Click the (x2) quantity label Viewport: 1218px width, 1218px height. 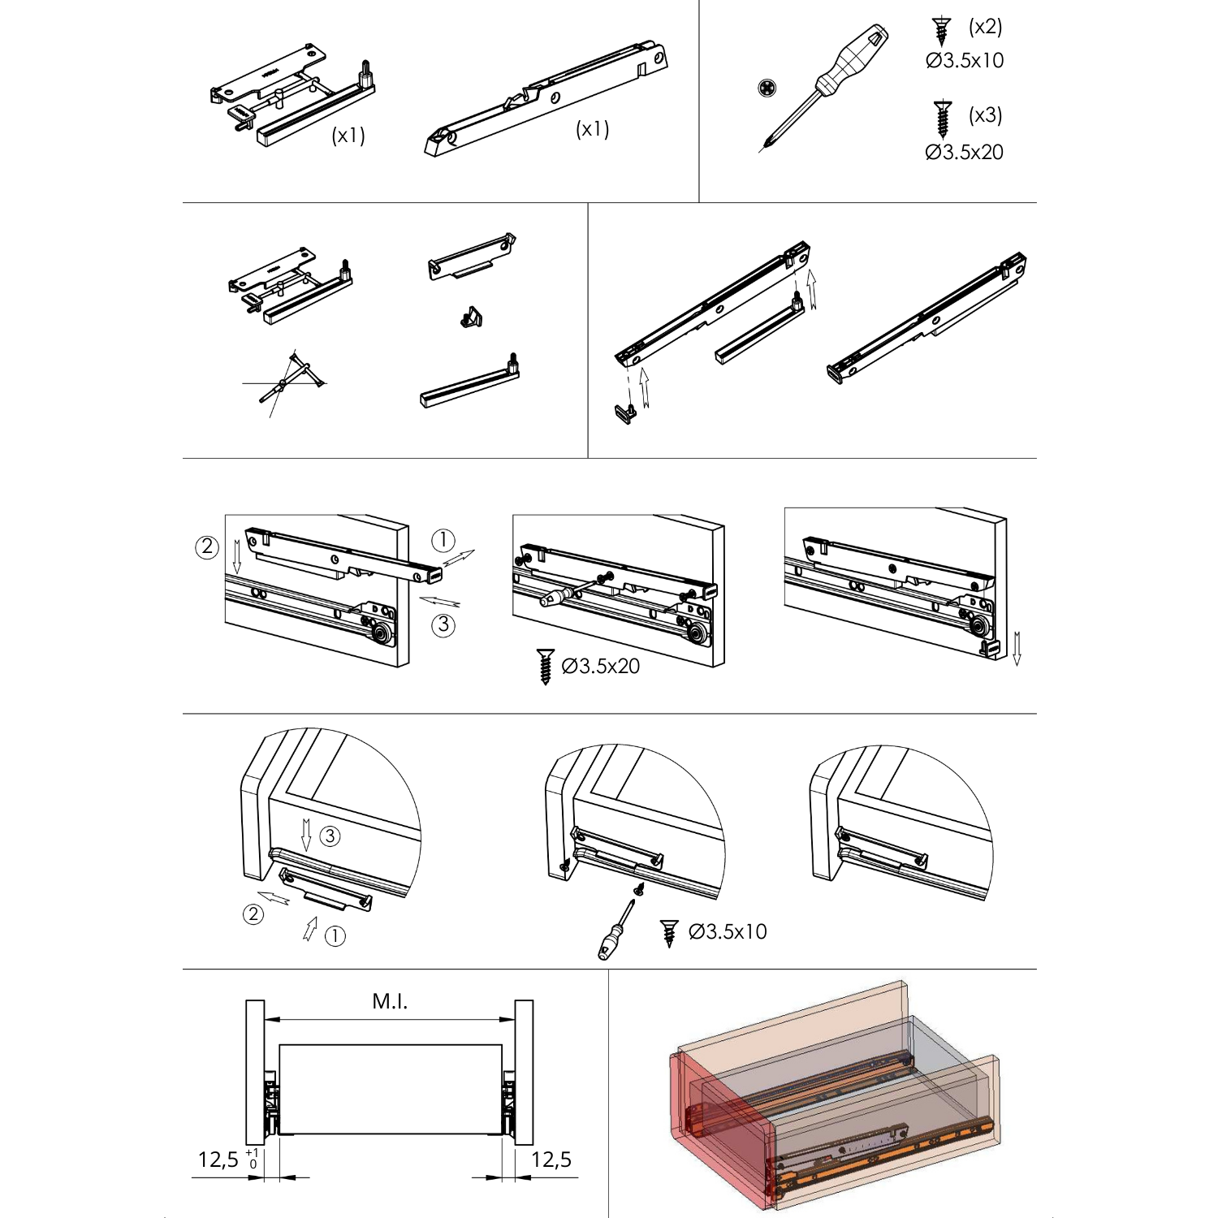pyautogui.click(x=985, y=27)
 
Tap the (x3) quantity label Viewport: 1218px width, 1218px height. pyautogui.click(x=985, y=115)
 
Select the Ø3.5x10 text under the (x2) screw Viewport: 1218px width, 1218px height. pyautogui.click(x=965, y=61)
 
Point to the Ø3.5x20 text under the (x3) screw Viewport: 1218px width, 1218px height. pyautogui.click(x=965, y=153)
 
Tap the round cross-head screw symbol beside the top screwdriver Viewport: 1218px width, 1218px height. pyautogui.click(x=767, y=88)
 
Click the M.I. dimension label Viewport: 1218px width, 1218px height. pyautogui.click(x=390, y=1002)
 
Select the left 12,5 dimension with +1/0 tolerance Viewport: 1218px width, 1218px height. pyautogui.click(x=219, y=1160)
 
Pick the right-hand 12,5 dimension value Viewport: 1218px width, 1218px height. pyautogui.click(x=551, y=1160)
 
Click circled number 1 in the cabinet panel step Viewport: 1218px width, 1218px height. pyautogui.click(x=443, y=540)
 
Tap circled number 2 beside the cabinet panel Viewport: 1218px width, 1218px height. pyautogui.click(x=207, y=547)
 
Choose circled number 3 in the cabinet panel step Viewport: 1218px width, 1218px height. pyautogui.click(x=443, y=625)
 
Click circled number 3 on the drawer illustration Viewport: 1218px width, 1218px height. pyautogui.click(x=329, y=836)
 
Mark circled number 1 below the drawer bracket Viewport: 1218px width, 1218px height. pyautogui.click(x=335, y=936)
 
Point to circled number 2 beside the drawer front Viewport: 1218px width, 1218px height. pyautogui.click(x=253, y=914)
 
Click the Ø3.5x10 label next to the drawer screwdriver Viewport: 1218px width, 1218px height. pyautogui.click(x=728, y=932)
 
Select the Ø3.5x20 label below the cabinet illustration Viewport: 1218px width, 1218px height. pyautogui.click(x=601, y=667)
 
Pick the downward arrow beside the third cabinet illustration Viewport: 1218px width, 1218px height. pyautogui.click(x=1017, y=647)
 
